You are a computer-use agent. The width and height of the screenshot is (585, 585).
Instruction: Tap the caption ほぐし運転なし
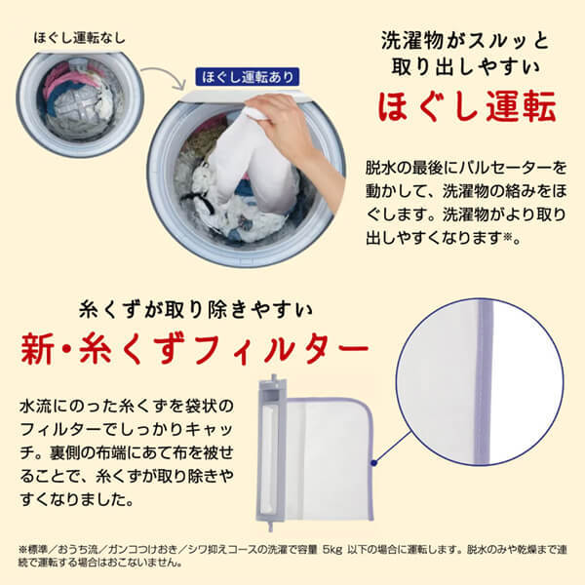(79, 38)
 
